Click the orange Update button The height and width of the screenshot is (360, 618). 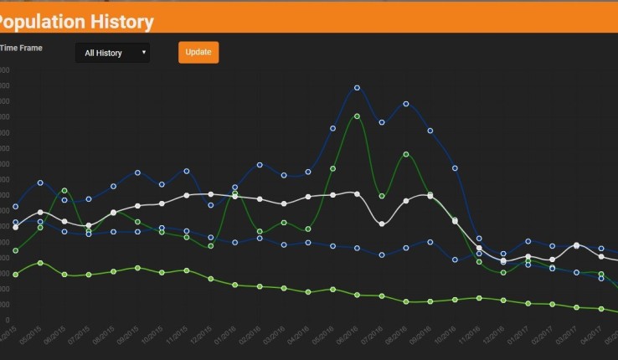pyautogui.click(x=198, y=52)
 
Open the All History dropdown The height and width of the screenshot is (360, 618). pyautogui.click(x=112, y=53)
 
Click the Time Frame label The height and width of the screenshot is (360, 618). pyautogui.click(x=22, y=48)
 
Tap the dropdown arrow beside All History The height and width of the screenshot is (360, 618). pyautogui.click(x=144, y=53)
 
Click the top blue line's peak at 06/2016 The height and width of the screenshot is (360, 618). pyautogui.click(x=357, y=87)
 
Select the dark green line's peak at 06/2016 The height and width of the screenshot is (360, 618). pyautogui.click(x=357, y=116)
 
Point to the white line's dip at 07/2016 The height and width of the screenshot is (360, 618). pyautogui.click(x=382, y=224)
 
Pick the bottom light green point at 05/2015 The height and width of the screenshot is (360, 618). pyautogui.click(x=40, y=263)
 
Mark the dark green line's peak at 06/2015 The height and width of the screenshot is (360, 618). pyautogui.click(x=64, y=191)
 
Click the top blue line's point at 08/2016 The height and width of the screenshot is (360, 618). pyautogui.click(x=406, y=104)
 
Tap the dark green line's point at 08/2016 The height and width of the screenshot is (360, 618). pyautogui.click(x=406, y=154)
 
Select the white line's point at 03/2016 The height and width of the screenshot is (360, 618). pyautogui.click(x=284, y=203)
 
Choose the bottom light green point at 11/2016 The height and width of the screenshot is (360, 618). pyautogui.click(x=479, y=297)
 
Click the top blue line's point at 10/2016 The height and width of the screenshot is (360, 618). pyautogui.click(x=455, y=168)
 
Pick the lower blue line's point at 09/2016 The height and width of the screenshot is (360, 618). pyautogui.click(x=430, y=242)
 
